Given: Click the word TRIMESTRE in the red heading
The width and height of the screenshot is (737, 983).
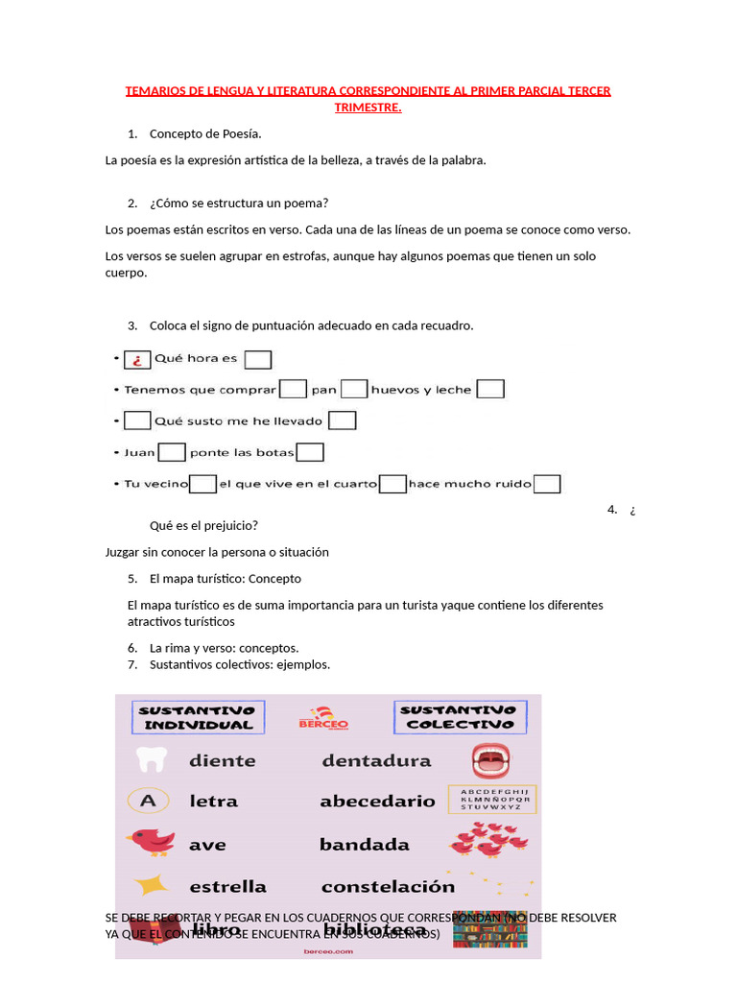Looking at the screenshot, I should click(368, 107).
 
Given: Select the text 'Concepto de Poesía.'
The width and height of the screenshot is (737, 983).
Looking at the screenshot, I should click(205, 133).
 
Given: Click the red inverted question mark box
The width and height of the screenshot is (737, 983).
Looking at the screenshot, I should click(137, 360).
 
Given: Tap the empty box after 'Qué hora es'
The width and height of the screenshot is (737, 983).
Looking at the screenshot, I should click(258, 360).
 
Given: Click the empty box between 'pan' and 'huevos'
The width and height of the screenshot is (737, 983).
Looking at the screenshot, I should click(354, 389).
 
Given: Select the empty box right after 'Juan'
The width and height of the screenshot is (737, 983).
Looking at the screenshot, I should click(172, 452).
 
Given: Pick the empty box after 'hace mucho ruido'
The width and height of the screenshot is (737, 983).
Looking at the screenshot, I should click(547, 484).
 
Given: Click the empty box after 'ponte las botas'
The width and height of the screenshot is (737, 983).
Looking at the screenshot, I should click(310, 452).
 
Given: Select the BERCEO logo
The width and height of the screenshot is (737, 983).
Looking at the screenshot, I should click(323, 720).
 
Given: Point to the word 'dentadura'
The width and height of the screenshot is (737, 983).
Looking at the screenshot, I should click(376, 761).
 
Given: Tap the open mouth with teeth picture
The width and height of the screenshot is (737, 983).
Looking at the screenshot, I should click(490, 760).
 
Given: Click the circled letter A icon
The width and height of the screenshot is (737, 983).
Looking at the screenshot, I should click(149, 800).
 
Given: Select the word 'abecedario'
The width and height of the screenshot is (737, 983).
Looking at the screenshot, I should click(377, 801).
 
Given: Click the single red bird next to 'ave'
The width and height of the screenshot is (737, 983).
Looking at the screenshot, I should click(152, 842).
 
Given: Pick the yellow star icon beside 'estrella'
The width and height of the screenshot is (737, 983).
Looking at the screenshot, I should click(151, 885).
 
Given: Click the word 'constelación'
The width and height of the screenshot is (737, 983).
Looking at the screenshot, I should click(388, 886).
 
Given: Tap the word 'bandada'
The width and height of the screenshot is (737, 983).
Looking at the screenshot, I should click(364, 845).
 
